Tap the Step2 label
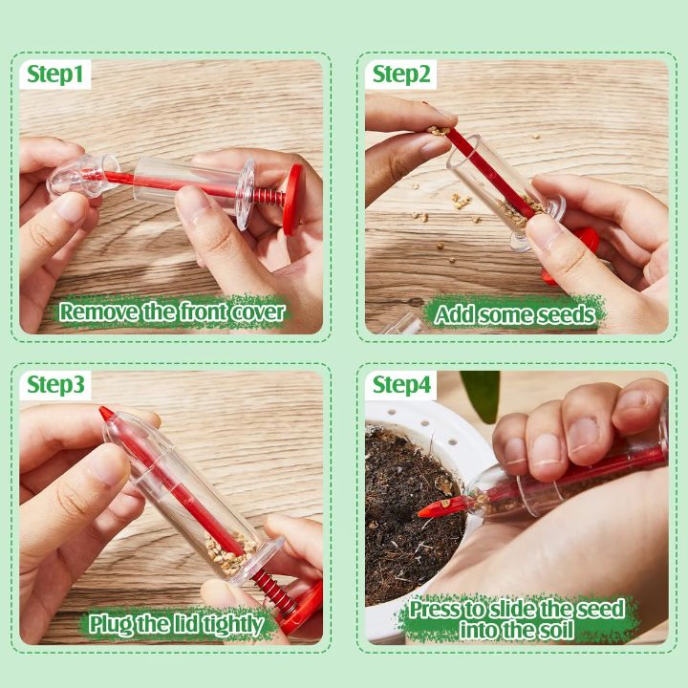[x=401, y=75]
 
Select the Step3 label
[x=55, y=385]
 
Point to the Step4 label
[x=401, y=385]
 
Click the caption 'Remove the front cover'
[x=172, y=312]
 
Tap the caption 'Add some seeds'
[x=515, y=312]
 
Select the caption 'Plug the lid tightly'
[x=176, y=624]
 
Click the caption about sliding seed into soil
[x=517, y=618]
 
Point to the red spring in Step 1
[x=268, y=199]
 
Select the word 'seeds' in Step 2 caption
[x=560, y=312]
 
